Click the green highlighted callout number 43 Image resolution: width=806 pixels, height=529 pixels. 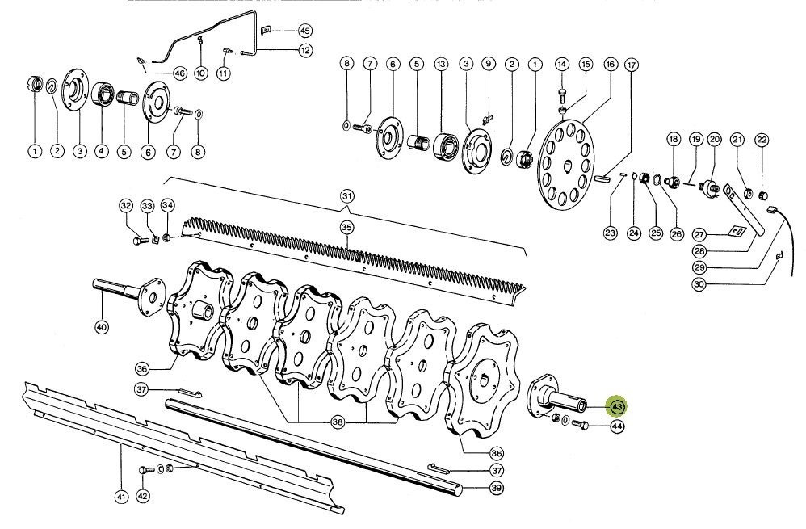point(618,406)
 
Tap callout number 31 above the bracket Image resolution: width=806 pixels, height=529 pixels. point(346,196)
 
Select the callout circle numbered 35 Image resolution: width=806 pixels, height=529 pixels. point(346,228)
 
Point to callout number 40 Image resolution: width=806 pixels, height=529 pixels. point(101,327)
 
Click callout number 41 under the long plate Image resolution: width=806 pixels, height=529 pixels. point(121,496)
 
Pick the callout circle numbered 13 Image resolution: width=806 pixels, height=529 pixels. point(440,63)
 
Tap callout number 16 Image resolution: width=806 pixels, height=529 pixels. point(610,64)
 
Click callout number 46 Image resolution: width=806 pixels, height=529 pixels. point(179,73)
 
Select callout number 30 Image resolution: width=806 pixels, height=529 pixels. point(699,283)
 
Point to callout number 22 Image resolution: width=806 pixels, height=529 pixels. point(762,140)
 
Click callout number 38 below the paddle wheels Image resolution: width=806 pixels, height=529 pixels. point(338,422)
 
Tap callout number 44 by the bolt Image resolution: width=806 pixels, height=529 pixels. point(617,426)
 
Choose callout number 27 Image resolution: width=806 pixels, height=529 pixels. point(699,233)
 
